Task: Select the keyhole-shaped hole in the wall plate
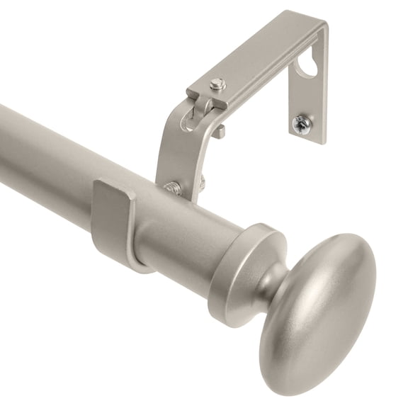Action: pyautogui.click(x=307, y=68)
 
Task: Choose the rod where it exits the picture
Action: pyautogui.click(x=6, y=142)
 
